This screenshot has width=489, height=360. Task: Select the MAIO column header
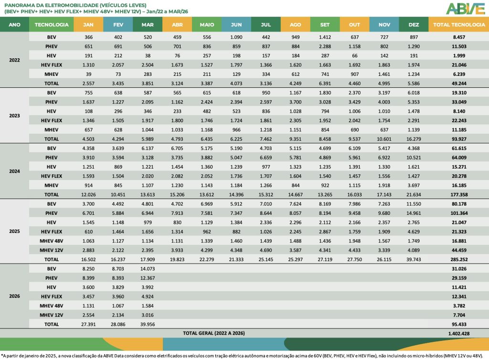206,24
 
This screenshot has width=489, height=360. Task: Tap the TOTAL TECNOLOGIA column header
458,24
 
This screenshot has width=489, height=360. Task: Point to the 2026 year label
14,296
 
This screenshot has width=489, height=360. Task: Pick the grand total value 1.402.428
458,333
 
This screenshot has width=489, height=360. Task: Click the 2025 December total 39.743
414,259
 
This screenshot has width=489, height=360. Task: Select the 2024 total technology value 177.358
458,195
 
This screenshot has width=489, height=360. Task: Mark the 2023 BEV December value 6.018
414,93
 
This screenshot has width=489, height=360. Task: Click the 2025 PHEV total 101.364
458,213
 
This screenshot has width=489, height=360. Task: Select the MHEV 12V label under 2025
52,250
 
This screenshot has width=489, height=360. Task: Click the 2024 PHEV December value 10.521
414,158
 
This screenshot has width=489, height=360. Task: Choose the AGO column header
295,24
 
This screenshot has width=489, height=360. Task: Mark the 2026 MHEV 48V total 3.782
458,306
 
